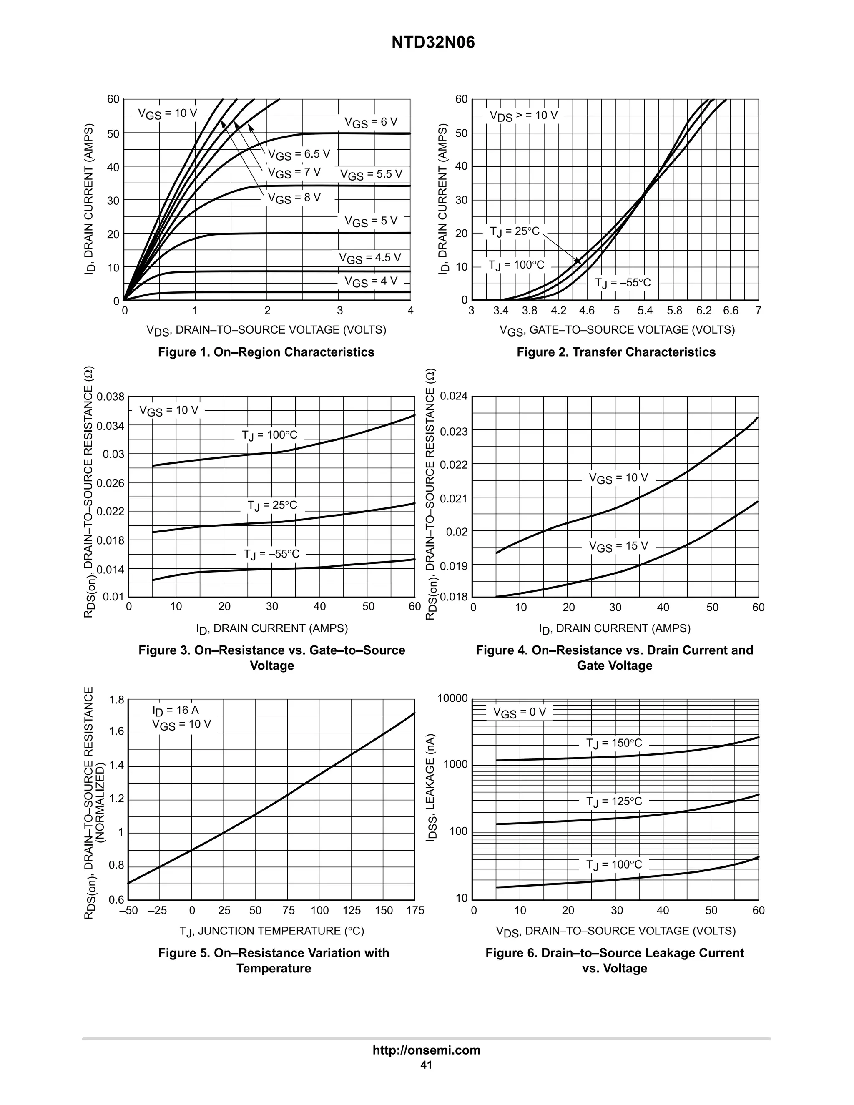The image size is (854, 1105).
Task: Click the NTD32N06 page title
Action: (x=433, y=43)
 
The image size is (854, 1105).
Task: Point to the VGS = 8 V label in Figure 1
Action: (x=294, y=198)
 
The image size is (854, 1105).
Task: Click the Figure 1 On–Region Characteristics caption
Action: (x=266, y=352)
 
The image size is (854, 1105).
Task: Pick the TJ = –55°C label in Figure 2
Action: (x=623, y=283)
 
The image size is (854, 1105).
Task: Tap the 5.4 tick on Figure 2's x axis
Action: (x=645, y=311)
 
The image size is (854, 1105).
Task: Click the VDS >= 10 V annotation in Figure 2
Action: (x=523, y=116)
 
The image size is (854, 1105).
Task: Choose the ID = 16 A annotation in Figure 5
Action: (x=176, y=711)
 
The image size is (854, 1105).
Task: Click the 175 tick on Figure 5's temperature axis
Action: (x=415, y=911)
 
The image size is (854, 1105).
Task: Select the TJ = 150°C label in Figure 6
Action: (x=614, y=743)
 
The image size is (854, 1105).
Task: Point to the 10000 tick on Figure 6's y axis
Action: (x=453, y=699)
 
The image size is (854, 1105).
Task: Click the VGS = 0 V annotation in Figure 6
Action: (x=520, y=712)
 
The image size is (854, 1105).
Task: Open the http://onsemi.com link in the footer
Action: (x=427, y=1050)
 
